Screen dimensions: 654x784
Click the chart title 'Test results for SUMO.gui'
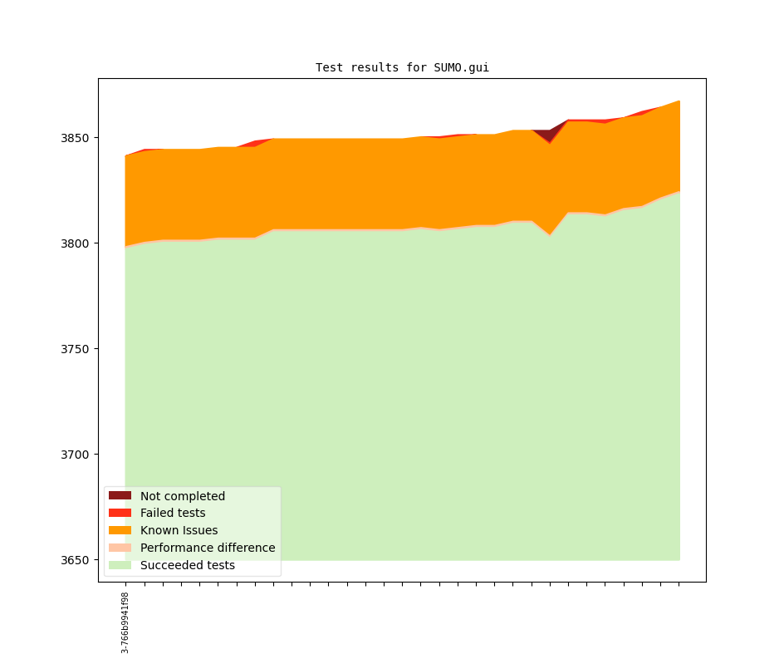tap(402, 67)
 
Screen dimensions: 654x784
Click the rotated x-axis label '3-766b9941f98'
tap(125, 622)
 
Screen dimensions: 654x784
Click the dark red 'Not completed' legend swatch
tap(120, 496)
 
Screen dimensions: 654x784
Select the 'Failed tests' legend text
tap(173, 514)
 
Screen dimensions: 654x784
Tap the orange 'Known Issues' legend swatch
tap(120, 531)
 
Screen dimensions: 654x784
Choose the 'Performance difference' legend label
tap(208, 548)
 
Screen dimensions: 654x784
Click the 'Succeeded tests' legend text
tap(188, 566)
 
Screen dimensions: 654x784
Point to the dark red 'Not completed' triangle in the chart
tap(546, 135)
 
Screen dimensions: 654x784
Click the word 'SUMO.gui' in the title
tap(461, 67)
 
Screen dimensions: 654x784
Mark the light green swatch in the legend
tap(120, 566)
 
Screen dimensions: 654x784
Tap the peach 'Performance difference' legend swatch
tap(120, 548)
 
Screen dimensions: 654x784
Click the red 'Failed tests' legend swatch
tap(120, 514)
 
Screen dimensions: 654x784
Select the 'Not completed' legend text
tap(183, 496)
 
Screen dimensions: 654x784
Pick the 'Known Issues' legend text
tap(179, 531)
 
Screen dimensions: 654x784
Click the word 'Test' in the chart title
tap(329, 67)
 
